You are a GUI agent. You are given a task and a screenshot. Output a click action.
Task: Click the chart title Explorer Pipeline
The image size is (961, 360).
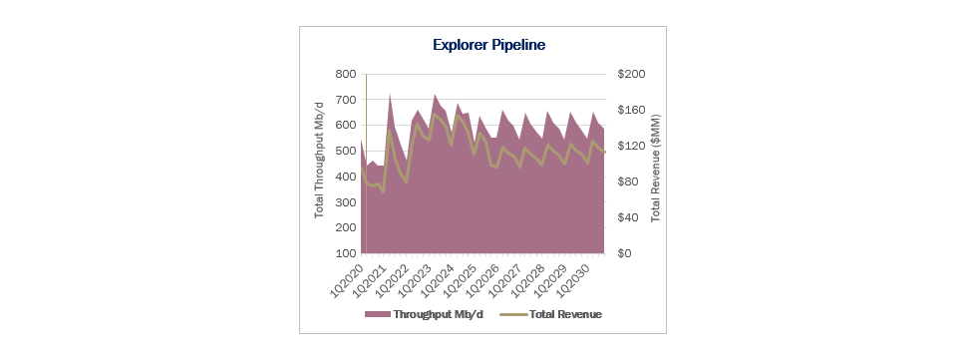point(488,45)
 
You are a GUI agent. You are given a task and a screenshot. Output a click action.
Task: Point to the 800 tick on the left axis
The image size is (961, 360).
point(346,74)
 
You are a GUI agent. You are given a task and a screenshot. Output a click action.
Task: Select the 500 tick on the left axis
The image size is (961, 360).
point(346,151)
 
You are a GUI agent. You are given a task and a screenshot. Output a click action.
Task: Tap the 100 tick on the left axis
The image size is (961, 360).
point(346,253)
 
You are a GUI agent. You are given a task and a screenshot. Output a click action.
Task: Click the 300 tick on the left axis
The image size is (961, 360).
point(346,202)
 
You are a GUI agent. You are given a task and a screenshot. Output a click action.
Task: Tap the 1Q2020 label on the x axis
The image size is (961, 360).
point(346,279)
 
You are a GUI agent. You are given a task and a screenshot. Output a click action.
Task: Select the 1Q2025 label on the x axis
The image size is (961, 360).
point(459,279)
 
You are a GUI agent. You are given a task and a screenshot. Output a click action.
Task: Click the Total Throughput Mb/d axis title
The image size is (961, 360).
point(319,164)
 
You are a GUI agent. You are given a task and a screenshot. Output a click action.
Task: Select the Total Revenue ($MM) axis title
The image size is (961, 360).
point(655,168)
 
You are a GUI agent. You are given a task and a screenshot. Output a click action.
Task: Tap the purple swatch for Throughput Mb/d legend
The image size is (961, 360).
point(378,314)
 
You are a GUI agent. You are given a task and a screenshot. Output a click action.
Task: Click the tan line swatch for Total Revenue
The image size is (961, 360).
point(513,314)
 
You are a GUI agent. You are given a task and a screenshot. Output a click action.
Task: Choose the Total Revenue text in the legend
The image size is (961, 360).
point(565,314)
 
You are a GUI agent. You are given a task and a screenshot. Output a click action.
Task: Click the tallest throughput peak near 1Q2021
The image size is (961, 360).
point(390,95)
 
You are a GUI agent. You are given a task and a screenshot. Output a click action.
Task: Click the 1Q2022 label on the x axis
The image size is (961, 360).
point(391,279)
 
